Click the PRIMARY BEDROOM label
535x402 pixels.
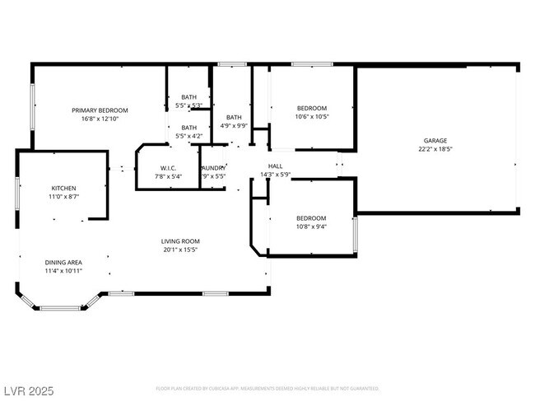[x=100, y=110]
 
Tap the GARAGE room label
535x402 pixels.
[x=435, y=141]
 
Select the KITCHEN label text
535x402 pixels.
[x=64, y=189]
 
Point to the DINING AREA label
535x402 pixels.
[x=63, y=261]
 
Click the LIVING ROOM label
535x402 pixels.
[x=180, y=241]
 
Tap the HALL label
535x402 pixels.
[x=276, y=166]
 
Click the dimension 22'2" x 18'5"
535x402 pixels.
[x=435, y=149]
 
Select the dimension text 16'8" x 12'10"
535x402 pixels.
[x=100, y=119]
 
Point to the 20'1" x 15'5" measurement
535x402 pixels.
[x=180, y=250]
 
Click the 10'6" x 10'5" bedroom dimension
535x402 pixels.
[x=312, y=116]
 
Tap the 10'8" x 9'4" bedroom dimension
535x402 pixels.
[x=312, y=227]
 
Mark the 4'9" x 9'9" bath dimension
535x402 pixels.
[x=235, y=125]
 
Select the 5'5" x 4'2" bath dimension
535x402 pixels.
[x=189, y=135]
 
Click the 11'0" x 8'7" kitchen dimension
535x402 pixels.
[x=64, y=197]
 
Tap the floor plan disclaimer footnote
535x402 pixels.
[x=267, y=388]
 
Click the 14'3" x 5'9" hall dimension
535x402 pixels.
[x=276, y=175]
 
